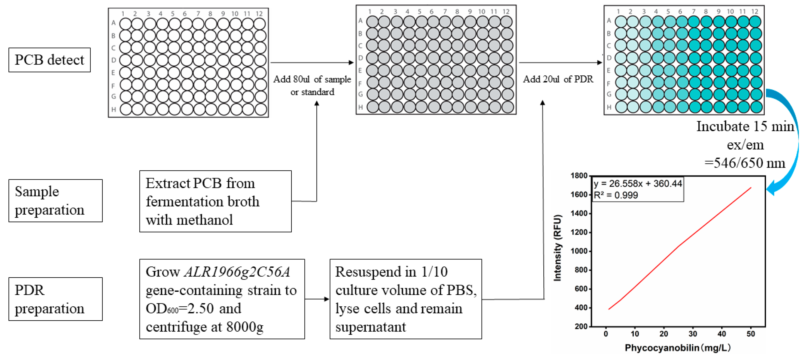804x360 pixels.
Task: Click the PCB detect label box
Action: (x=49, y=60)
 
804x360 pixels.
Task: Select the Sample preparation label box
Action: (x=55, y=201)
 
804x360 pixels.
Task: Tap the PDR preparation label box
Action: (x=55, y=299)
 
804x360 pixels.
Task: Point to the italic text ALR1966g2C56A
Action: (x=237, y=272)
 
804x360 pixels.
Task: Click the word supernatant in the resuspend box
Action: (x=371, y=327)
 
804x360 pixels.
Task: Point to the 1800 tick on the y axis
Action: (x=579, y=176)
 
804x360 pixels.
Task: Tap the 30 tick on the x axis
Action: (x=693, y=334)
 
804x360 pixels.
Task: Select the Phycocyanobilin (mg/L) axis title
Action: (x=677, y=348)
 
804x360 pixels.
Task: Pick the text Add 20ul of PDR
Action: (x=558, y=79)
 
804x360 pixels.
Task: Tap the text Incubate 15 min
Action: (x=745, y=126)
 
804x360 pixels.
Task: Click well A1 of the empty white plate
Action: (x=126, y=24)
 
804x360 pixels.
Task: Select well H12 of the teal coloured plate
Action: (x=756, y=107)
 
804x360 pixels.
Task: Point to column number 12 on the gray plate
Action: (x=506, y=12)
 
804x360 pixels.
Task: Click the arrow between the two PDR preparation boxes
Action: (x=317, y=299)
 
